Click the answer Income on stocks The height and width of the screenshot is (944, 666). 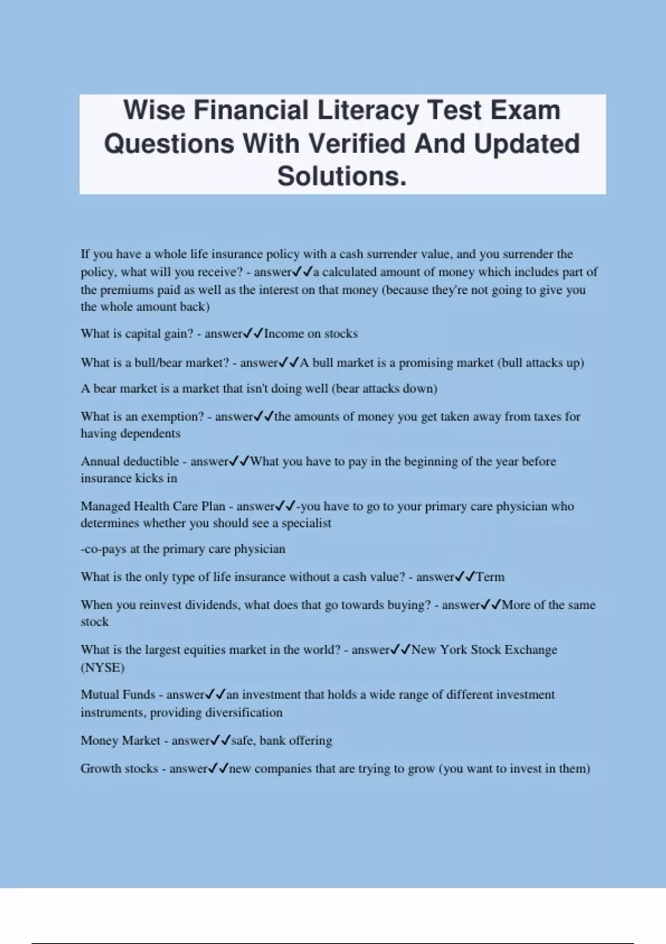pyautogui.click(x=311, y=334)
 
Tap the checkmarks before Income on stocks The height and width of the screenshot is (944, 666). pyautogui.click(x=253, y=334)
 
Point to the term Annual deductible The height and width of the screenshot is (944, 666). pyautogui.click(x=130, y=461)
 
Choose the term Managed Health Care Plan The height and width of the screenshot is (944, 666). pyautogui.click(x=153, y=506)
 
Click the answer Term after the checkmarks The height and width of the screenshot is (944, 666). pyautogui.click(x=491, y=577)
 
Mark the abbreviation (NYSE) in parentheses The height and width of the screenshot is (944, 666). pyautogui.click(x=103, y=667)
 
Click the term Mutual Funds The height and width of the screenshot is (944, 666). pyautogui.click(x=118, y=695)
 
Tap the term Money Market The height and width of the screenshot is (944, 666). pyautogui.click(x=120, y=740)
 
